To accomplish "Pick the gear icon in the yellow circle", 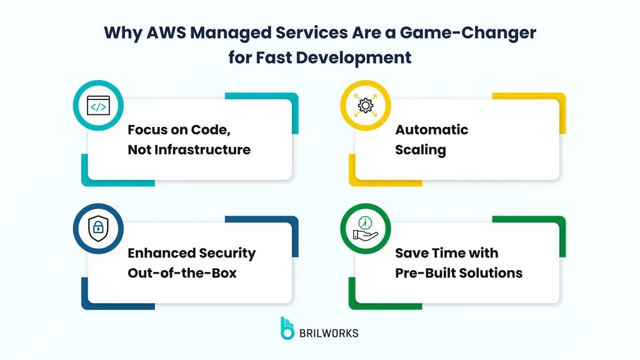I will coord(365,106).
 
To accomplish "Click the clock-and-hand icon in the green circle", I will coord(365,229).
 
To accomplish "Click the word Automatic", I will coord(431,130).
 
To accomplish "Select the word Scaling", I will coord(420,149).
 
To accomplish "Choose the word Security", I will coord(227,253).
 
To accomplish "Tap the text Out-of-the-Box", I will coord(182,273).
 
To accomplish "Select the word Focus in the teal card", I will coord(147,130).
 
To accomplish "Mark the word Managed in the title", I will coord(229,33).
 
